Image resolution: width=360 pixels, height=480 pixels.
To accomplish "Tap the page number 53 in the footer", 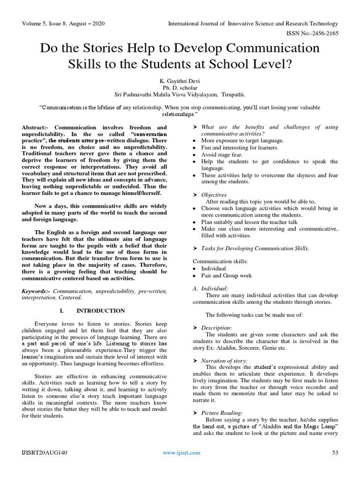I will tap(335, 452).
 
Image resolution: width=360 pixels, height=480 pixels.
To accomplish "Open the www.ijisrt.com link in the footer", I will tap(181, 452).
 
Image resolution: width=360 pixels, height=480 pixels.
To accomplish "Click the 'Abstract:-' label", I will tap(38, 127).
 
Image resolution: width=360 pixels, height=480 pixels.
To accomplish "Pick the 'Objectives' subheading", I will tap(214, 195).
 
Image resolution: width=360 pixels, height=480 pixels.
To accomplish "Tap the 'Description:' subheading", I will tap(217, 328).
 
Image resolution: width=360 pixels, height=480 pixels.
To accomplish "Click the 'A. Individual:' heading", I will tap(210, 288).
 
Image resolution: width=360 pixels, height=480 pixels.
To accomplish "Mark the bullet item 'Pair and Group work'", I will tap(226, 276).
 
